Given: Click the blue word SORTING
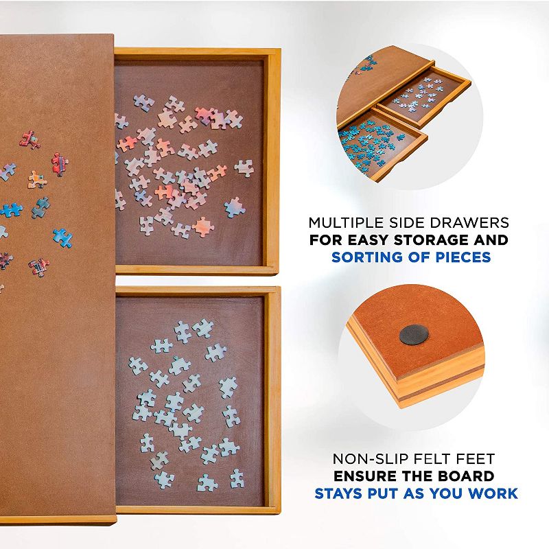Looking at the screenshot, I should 364,257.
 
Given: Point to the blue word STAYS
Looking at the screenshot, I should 338,493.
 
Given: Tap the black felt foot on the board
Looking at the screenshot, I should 413,334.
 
